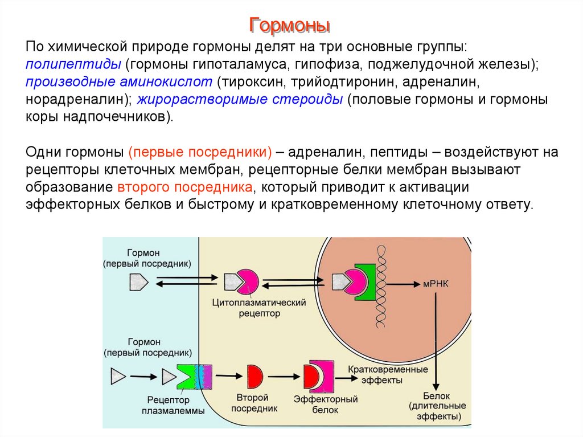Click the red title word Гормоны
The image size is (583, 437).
click(291, 25)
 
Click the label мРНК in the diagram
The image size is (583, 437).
click(436, 283)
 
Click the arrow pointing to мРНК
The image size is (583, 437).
click(405, 283)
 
